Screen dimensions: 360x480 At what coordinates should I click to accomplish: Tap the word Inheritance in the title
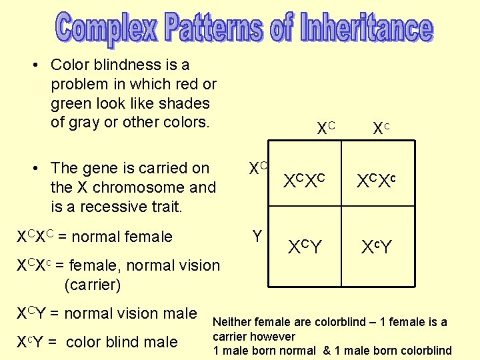click(366, 29)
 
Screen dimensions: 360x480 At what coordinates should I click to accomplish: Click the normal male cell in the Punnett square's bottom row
click(304, 247)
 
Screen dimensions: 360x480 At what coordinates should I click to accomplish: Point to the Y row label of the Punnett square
click(257, 236)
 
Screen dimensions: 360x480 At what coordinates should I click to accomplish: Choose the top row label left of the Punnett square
click(257, 169)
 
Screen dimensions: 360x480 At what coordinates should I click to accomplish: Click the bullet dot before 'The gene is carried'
click(37, 169)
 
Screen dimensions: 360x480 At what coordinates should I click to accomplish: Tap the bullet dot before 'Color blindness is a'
click(37, 65)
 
